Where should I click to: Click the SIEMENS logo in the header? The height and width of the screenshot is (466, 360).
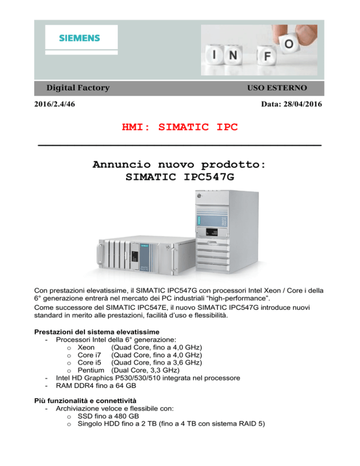pyautogui.click(x=79, y=38)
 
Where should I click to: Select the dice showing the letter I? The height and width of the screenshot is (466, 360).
pyautogui.click(x=214, y=55)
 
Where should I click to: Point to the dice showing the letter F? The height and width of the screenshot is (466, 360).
pyautogui.click(x=267, y=56)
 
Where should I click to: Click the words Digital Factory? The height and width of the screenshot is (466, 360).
pyautogui.click(x=78, y=88)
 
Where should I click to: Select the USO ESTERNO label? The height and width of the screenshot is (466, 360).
pyautogui.click(x=277, y=88)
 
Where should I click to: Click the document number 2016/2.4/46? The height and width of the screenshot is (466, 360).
pyautogui.click(x=55, y=104)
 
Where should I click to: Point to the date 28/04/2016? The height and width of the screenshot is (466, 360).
pyautogui.click(x=303, y=104)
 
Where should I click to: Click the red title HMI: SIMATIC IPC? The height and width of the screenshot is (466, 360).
pyautogui.click(x=180, y=127)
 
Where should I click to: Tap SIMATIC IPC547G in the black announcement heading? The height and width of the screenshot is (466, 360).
pyautogui.click(x=180, y=177)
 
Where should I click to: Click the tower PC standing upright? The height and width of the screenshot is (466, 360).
pyautogui.click(x=227, y=231)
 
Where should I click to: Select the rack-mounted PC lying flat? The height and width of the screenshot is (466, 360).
pyautogui.click(x=146, y=255)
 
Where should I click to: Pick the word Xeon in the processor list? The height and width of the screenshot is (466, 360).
pyautogui.click(x=86, y=347)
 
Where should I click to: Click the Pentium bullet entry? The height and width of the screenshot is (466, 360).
pyautogui.click(x=128, y=370)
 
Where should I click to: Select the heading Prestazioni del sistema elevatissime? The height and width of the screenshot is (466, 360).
pyautogui.click(x=97, y=332)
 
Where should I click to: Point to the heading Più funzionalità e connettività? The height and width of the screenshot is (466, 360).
pyautogui.click(x=85, y=401)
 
